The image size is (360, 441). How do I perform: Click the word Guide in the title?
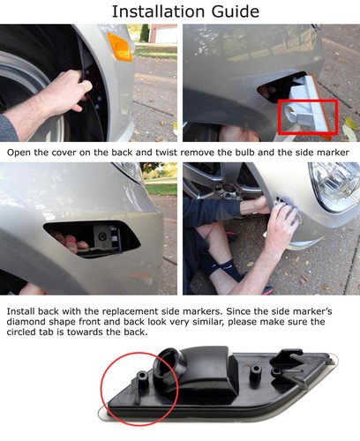pos(235,11)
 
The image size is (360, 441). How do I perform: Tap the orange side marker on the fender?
pos(119,47)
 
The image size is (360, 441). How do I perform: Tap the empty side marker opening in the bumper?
pos(92,239)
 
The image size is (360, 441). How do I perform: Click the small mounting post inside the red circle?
pos(142,382)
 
